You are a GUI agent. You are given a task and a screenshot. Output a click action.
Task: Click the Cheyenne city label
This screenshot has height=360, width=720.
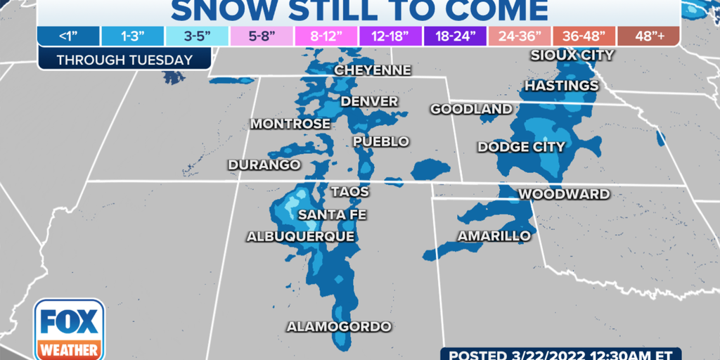[373, 70]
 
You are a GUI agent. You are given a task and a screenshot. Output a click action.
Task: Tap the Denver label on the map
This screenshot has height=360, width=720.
[369, 102]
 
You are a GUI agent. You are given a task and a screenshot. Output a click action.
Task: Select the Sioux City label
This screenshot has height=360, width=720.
[572, 55]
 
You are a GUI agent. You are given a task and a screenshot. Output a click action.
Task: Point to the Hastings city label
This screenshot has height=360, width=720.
[561, 86]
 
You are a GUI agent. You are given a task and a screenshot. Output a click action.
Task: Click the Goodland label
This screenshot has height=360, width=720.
[471, 109]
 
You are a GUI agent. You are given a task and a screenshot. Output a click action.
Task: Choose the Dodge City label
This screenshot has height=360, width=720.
[521, 147]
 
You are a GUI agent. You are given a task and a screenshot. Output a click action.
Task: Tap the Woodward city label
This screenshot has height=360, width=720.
[564, 194]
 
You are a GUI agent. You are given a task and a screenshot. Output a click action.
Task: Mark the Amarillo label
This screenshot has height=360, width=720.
[494, 236]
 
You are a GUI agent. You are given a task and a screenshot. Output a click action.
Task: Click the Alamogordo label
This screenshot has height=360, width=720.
[338, 327]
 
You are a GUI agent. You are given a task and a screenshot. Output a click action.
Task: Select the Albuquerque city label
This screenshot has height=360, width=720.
[300, 237]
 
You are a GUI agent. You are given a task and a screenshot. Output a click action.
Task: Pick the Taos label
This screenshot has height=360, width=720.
[349, 191]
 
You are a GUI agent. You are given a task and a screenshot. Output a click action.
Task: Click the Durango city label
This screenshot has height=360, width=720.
[264, 165]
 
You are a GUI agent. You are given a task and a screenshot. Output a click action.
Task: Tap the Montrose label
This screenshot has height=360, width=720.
[290, 124]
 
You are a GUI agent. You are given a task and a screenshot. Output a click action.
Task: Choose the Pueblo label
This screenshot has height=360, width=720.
[381, 141]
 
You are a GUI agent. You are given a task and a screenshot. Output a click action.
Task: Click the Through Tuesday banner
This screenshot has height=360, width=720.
[124, 60]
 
